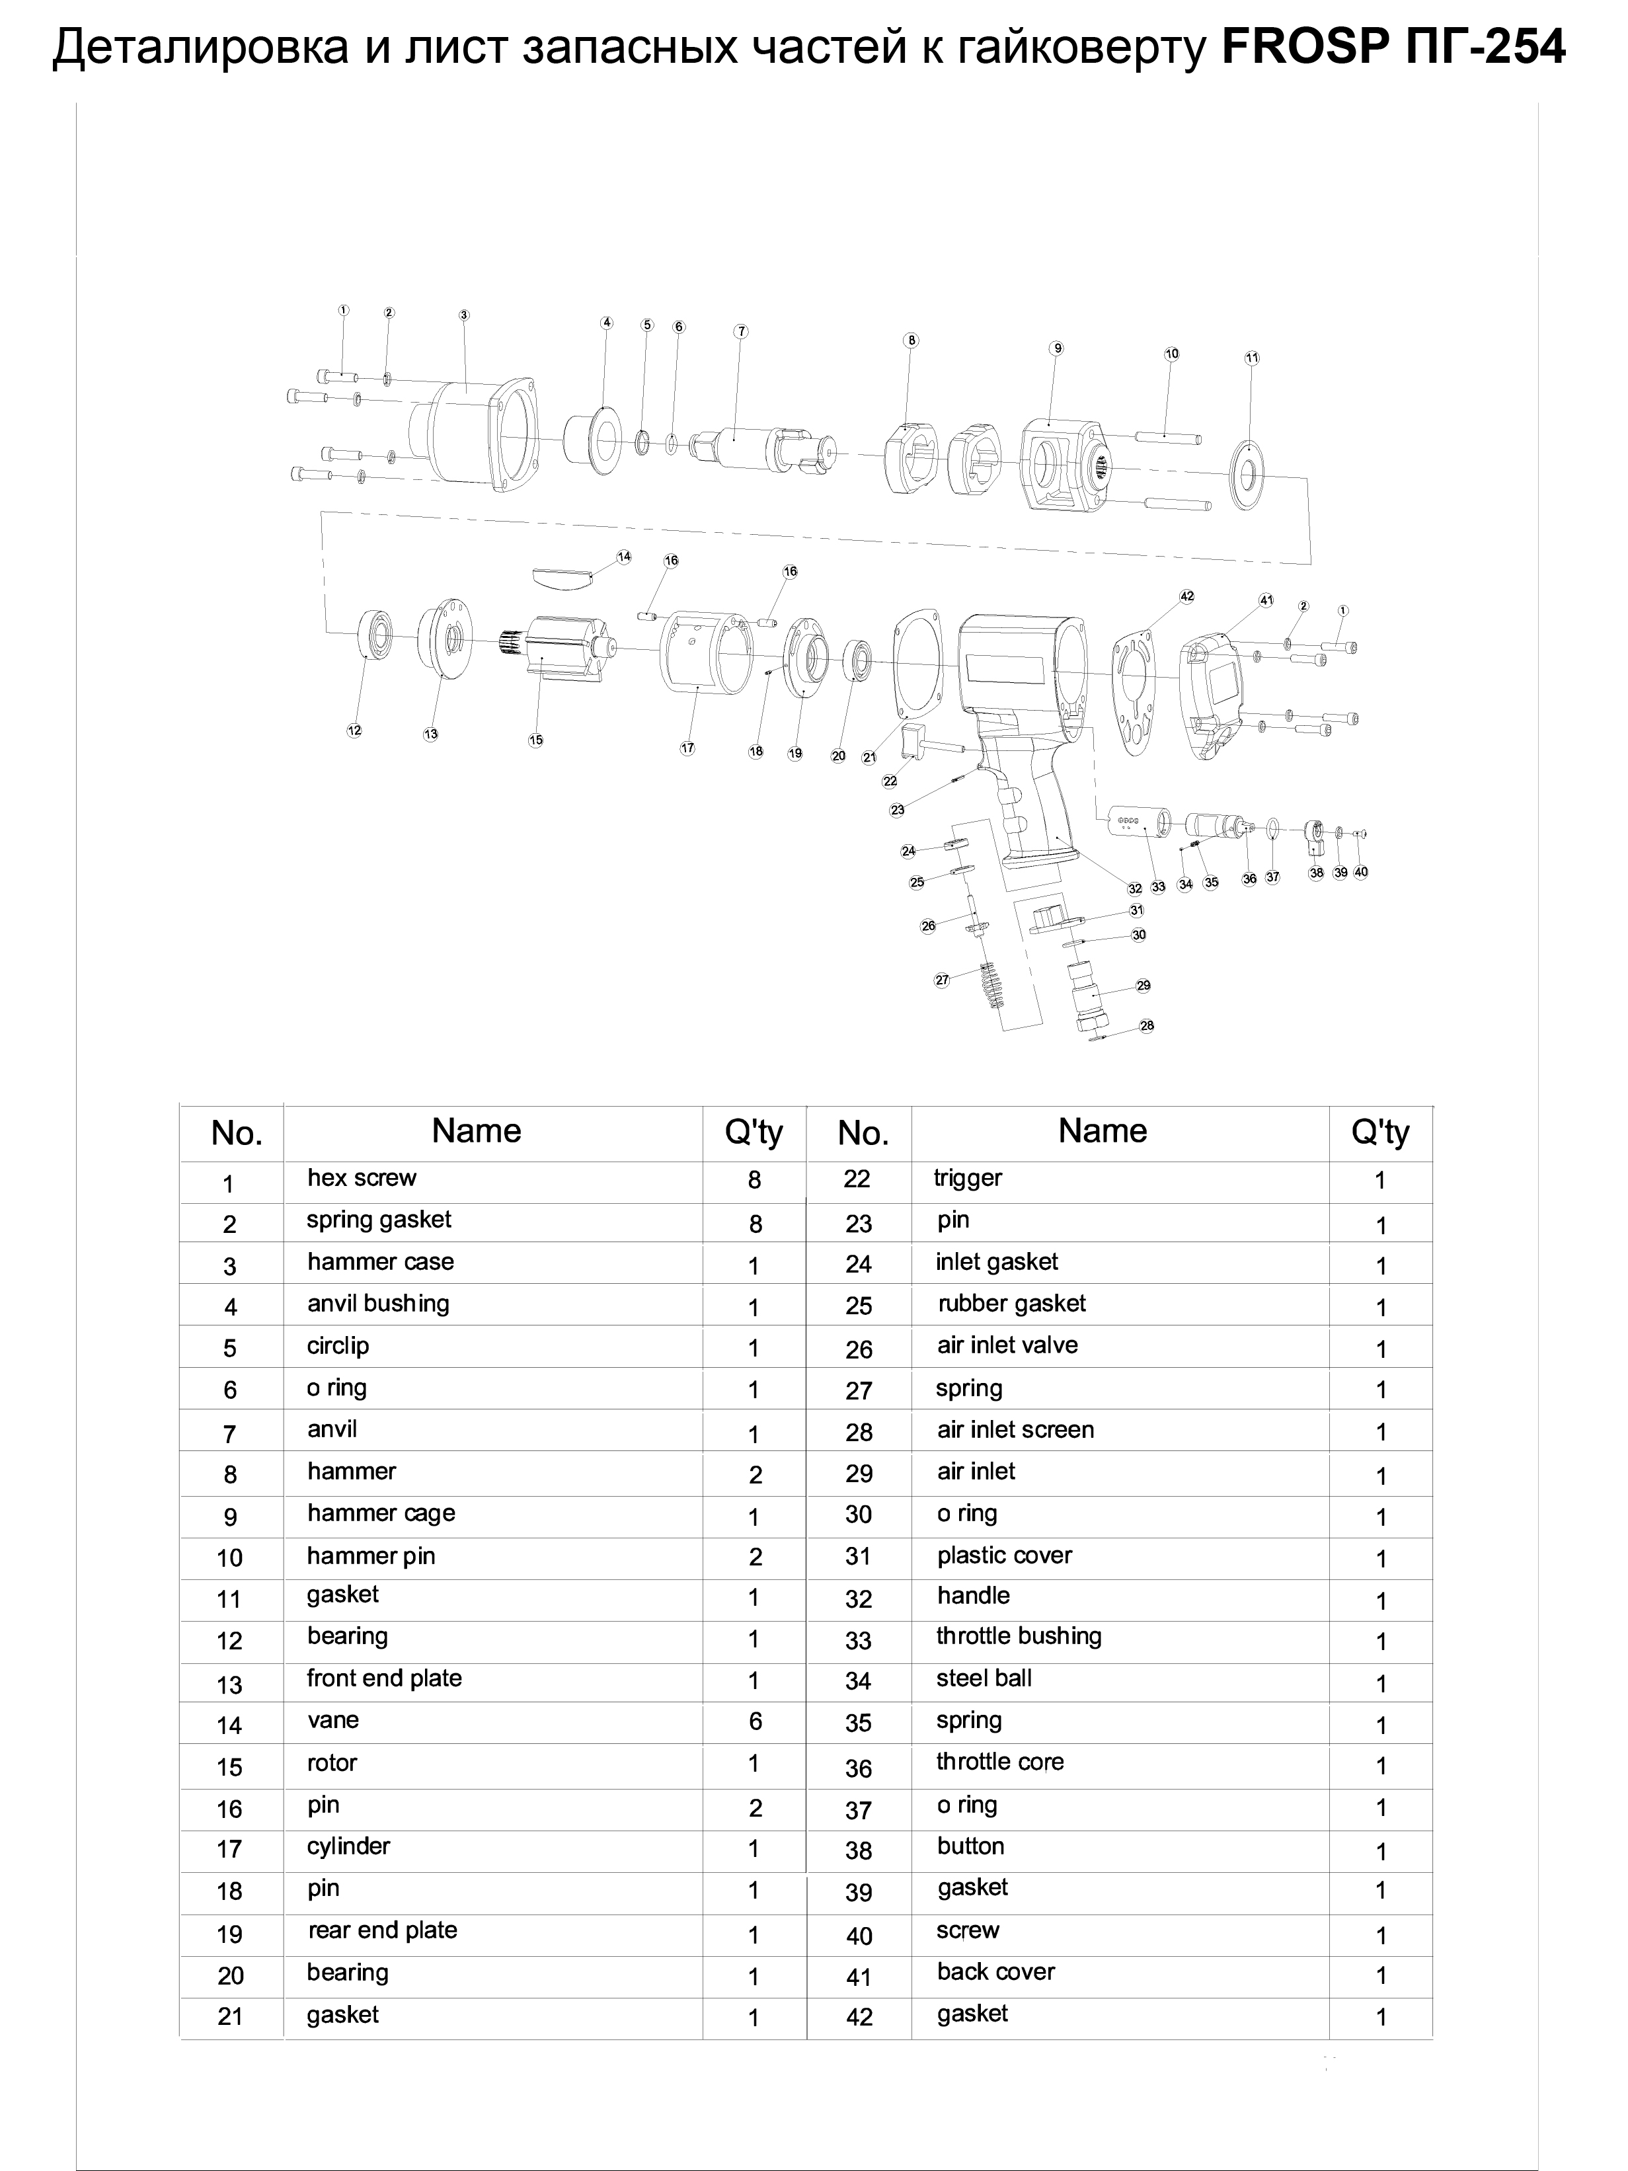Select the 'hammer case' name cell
pos(380,1262)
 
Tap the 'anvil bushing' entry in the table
pos(378,1304)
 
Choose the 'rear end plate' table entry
pos(382,1930)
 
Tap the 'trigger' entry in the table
pos(968,1179)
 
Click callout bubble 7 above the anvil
pos(741,332)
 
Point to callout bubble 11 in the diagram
pos(1251,358)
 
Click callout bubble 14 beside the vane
pos(624,557)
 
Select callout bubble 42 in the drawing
pos(1186,596)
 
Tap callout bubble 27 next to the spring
pos(942,980)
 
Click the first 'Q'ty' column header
pos(754,1132)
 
